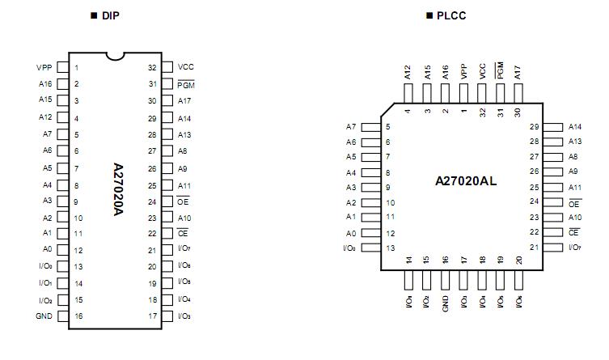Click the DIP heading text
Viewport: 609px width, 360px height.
click(111, 16)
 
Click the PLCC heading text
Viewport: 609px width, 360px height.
click(450, 16)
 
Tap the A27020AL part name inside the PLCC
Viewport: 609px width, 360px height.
click(466, 181)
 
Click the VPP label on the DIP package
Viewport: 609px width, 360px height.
click(44, 68)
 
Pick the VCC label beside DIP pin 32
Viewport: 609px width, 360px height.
click(185, 67)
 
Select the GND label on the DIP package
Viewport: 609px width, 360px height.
click(44, 316)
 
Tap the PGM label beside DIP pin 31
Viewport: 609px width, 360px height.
click(186, 84)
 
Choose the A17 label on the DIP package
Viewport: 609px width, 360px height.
click(184, 101)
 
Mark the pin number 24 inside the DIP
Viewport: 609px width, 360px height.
click(151, 201)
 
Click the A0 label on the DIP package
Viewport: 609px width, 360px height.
click(47, 250)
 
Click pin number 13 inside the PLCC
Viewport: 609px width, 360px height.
click(391, 248)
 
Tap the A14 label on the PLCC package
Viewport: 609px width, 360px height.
click(575, 127)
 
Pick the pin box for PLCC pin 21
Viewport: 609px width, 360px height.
click(553, 248)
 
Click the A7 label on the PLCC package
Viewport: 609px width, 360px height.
click(350, 127)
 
